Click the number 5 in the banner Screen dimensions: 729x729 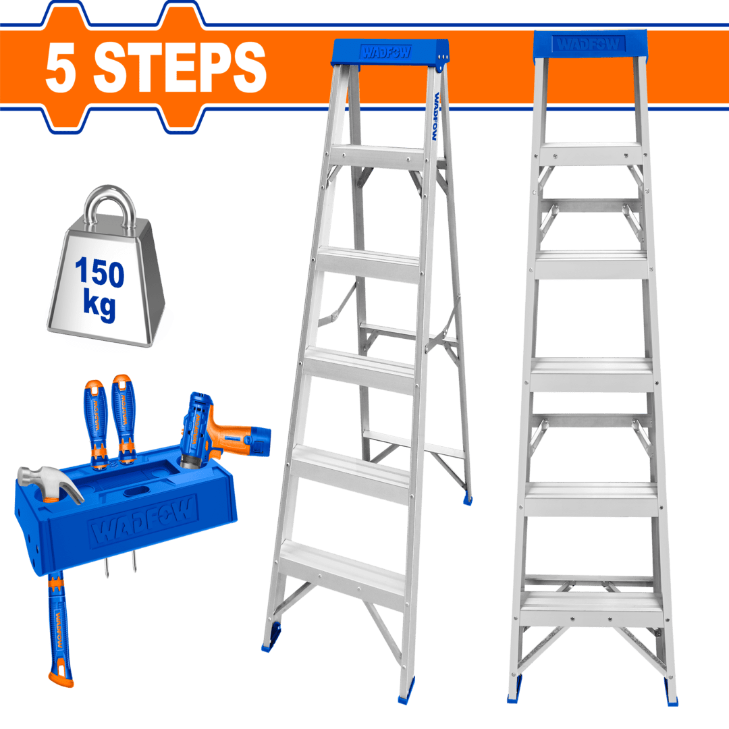coord(60,67)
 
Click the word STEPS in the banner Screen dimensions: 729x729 coord(180,67)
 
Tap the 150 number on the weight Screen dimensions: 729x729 coord(100,274)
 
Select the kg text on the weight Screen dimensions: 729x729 coord(99,306)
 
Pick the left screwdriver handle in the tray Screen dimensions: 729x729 coord(96,412)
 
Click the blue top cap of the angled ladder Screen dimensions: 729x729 coord(391,53)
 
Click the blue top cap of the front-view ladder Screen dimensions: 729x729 coord(590,43)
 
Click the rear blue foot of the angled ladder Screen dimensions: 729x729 coord(467,500)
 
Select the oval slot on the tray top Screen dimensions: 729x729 coord(136,489)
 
